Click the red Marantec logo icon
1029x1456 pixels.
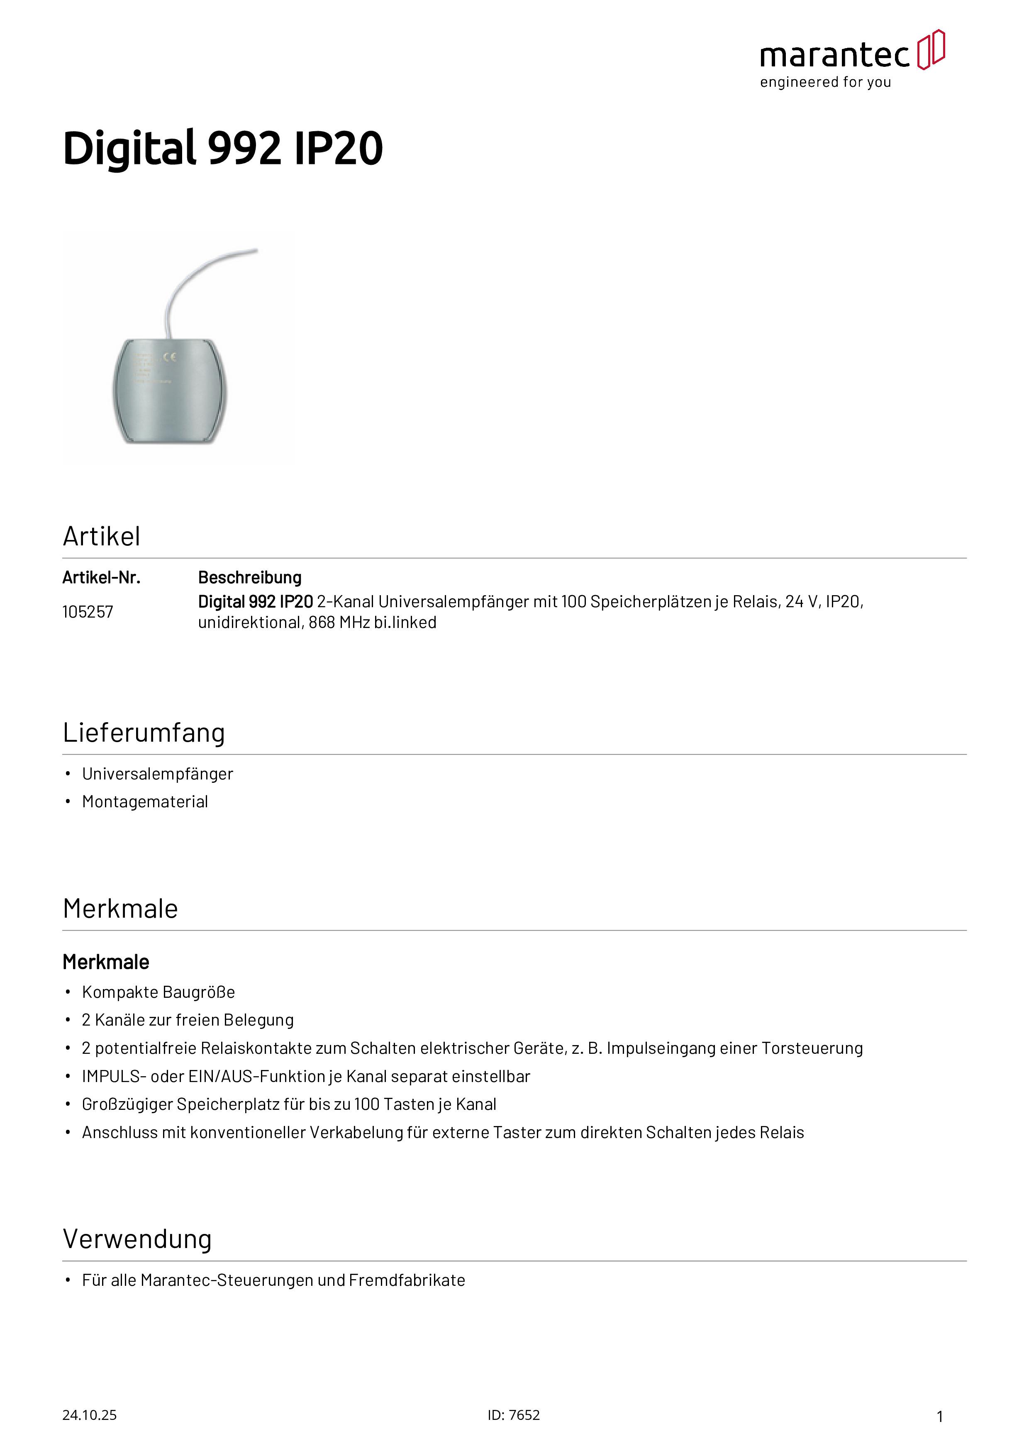click(931, 49)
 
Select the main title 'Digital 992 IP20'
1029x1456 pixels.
click(222, 149)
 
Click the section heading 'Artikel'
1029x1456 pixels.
click(101, 537)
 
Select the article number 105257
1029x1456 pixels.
click(88, 612)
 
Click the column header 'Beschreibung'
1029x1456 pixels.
click(250, 578)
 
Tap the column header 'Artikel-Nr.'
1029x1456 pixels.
click(101, 578)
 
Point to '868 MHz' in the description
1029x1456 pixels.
click(339, 623)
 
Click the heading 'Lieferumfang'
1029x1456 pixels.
click(144, 733)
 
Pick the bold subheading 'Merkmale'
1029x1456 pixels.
click(106, 963)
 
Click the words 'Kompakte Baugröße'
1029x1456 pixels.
click(158, 992)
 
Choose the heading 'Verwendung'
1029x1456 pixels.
click(137, 1239)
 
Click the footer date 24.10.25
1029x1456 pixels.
click(89, 1415)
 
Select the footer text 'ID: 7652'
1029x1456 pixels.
click(514, 1415)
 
